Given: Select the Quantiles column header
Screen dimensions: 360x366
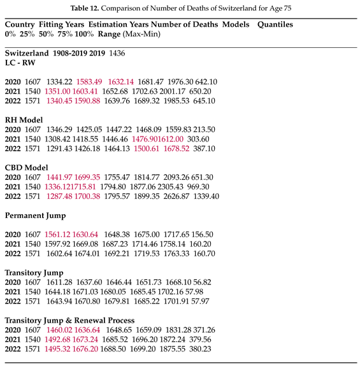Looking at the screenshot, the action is coord(275,24).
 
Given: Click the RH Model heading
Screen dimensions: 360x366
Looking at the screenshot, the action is coord(24,119).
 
